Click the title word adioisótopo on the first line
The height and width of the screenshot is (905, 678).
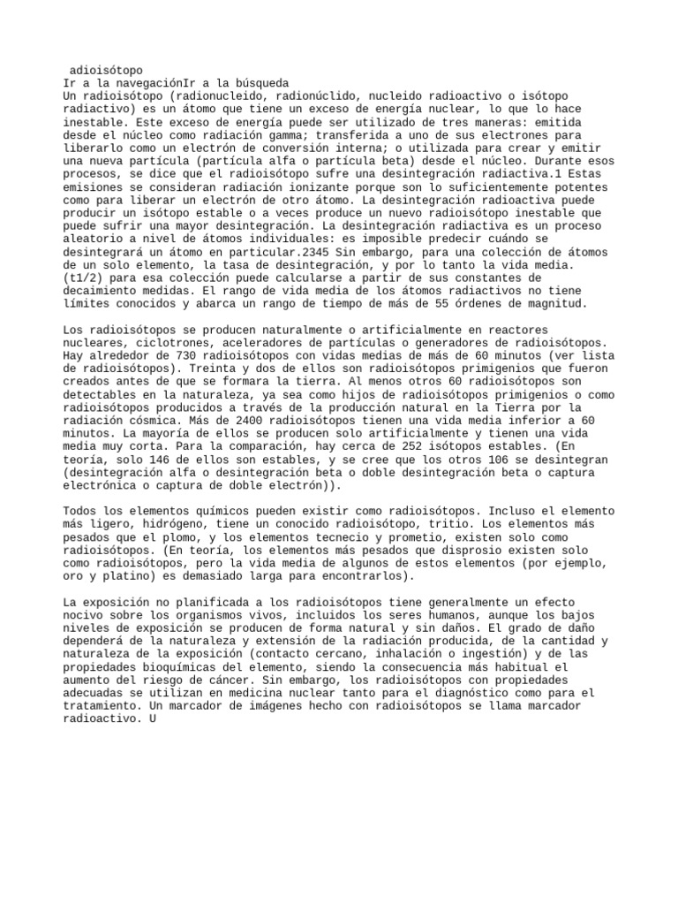pyautogui.click(x=107, y=70)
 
